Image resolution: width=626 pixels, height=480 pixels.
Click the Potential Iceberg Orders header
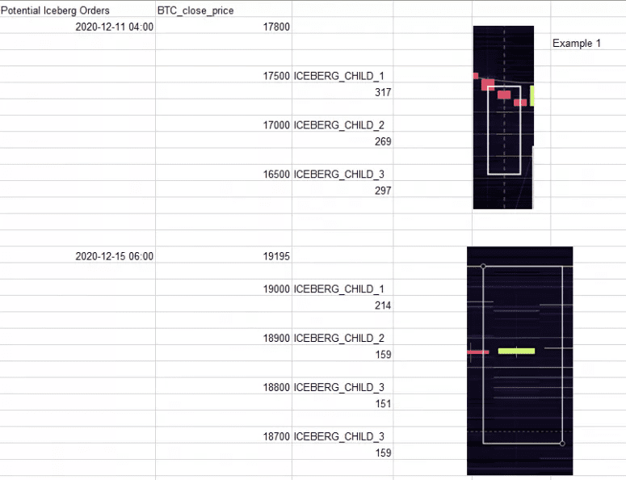(x=55, y=11)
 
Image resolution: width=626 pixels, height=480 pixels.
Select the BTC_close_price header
(x=195, y=11)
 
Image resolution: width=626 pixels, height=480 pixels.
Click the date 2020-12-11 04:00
(x=114, y=27)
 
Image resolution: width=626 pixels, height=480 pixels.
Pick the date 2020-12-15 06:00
(x=114, y=256)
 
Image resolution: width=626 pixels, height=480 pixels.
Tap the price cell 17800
(x=276, y=27)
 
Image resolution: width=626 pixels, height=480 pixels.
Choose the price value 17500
(x=276, y=76)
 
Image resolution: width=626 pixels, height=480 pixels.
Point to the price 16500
(x=276, y=174)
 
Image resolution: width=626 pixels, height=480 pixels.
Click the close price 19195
(x=276, y=256)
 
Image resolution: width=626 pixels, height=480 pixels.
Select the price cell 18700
(x=276, y=436)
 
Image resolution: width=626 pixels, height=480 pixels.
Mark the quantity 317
(x=383, y=92)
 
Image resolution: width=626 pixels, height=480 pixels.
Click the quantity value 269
(x=383, y=141)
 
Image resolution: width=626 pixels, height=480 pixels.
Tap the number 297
(x=383, y=191)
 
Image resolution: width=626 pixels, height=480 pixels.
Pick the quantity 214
(x=383, y=305)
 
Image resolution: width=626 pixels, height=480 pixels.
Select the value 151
(x=383, y=404)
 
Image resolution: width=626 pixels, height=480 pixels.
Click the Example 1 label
(x=577, y=43)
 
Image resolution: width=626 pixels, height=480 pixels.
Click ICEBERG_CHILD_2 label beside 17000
(x=339, y=125)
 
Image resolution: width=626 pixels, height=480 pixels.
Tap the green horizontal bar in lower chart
(x=516, y=351)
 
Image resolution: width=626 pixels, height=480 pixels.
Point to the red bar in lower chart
(x=478, y=352)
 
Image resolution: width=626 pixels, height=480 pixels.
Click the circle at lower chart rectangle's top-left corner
(x=483, y=266)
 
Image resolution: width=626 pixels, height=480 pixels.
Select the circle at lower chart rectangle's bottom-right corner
(x=562, y=444)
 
